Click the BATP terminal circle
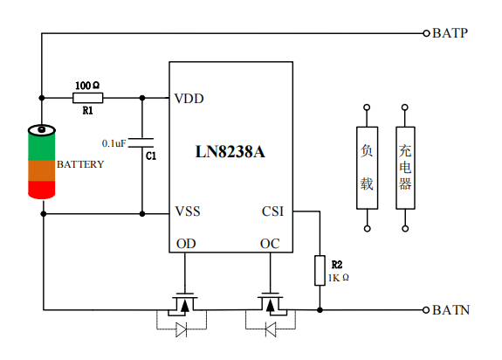click(x=426, y=33)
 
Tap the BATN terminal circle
click(x=426, y=310)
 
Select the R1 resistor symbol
click(x=87, y=98)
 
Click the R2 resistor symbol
click(x=320, y=270)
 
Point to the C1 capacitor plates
click(x=141, y=142)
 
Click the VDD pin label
click(x=189, y=99)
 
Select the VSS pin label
click(x=188, y=211)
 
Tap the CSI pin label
click(x=272, y=211)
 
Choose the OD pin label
click(x=186, y=244)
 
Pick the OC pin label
click(x=270, y=244)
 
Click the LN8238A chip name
click(x=230, y=152)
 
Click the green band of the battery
click(x=42, y=147)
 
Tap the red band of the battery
click(x=42, y=190)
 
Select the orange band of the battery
click(x=42, y=170)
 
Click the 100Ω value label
click(x=87, y=86)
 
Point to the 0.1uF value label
click(x=114, y=143)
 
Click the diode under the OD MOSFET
click(x=182, y=329)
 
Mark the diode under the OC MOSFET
click(x=271, y=329)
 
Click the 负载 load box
click(x=368, y=168)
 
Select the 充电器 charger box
click(x=405, y=168)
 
